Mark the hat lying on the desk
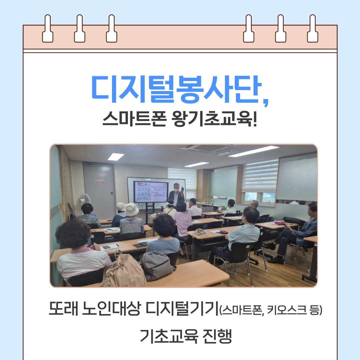coord(201,232)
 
